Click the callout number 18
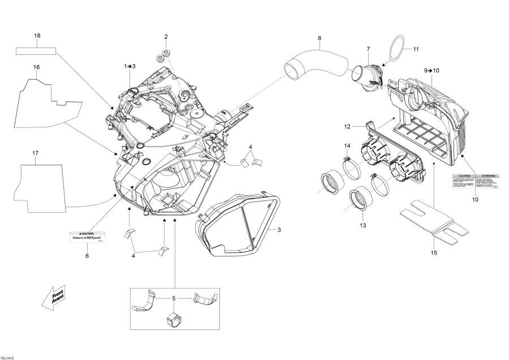37,36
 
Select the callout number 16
36,67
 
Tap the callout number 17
35,153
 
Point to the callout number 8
320,38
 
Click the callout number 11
416,49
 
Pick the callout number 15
433,252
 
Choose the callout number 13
363,225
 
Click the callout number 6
87,256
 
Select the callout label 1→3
130,66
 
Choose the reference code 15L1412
7,357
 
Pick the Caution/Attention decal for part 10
475,181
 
